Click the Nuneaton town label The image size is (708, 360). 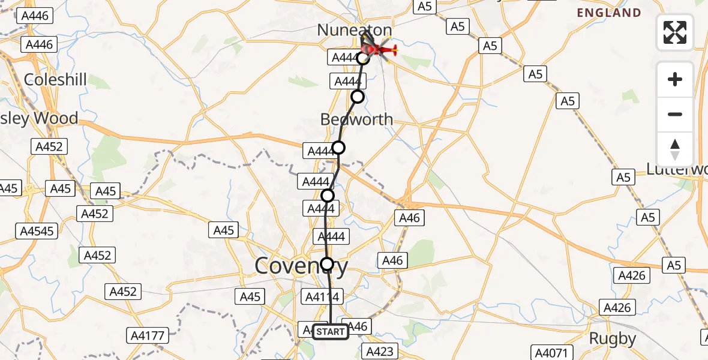coord(354,30)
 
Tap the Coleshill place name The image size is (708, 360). coord(55,80)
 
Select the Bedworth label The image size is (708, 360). coord(356,119)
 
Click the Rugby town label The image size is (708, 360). coord(612,338)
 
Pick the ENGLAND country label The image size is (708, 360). coord(609,13)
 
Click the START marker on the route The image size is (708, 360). coord(330,332)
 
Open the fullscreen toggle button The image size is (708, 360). coord(675,32)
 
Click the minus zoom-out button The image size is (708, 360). coord(675,114)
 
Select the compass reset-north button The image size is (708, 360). coord(675,149)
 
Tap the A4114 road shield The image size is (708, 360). coord(323,296)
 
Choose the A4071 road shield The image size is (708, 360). coord(553,353)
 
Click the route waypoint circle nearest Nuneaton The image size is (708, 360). coord(362,58)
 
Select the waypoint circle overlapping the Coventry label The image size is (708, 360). coord(327,263)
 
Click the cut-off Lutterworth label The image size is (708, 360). coord(677,169)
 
